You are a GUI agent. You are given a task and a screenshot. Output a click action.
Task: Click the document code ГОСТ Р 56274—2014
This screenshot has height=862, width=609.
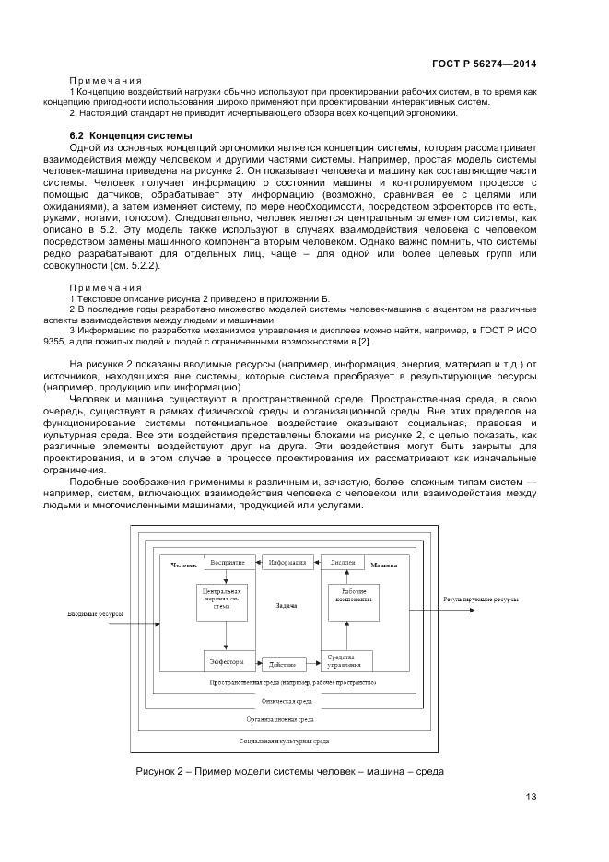[x=484, y=64]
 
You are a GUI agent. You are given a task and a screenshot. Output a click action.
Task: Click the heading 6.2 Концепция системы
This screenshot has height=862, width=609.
[x=118, y=136]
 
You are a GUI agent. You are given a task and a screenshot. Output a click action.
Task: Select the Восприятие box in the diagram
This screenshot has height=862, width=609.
[x=227, y=562]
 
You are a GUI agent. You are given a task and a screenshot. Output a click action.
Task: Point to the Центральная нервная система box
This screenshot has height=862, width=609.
[x=222, y=600]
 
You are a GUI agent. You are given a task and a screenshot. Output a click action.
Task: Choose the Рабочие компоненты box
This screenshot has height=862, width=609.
[x=355, y=595]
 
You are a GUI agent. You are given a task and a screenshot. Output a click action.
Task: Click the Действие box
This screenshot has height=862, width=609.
[x=283, y=662]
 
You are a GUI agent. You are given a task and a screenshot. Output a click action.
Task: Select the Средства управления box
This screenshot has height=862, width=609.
[x=345, y=660]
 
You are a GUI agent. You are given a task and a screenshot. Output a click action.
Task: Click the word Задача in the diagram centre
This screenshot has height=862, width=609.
[x=286, y=606]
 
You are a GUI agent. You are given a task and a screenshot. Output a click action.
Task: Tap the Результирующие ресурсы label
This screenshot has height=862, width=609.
[x=481, y=600]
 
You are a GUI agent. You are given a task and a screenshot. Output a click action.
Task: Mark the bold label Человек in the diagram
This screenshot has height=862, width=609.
[x=183, y=564]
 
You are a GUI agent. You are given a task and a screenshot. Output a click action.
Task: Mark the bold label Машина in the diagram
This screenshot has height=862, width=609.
[x=384, y=564]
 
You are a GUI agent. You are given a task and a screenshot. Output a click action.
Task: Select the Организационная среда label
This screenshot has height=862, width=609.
[x=279, y=720]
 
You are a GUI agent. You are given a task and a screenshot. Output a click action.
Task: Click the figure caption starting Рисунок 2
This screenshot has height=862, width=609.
[x=289, y=771]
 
